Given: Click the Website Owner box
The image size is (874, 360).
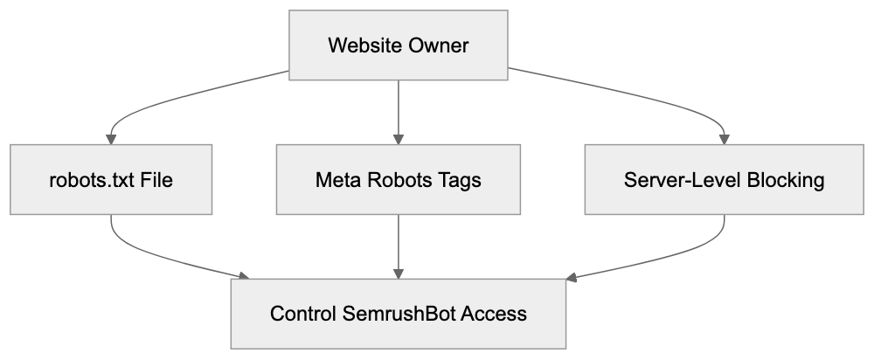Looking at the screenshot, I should pos(399,46).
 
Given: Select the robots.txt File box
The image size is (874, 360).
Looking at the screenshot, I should pos(111,180).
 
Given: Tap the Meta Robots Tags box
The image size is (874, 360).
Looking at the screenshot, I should pos(399,180).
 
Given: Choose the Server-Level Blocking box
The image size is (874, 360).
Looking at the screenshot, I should pos(724,180).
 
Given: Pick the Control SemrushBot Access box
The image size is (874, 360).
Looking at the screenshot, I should pos(399,313).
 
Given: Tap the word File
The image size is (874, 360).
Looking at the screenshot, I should pos(156,180).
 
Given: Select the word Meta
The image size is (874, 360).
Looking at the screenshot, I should pos(336,180).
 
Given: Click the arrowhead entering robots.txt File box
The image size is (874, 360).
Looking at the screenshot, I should pos(111,139).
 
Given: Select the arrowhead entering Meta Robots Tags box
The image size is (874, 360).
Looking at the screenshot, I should pos(399,139).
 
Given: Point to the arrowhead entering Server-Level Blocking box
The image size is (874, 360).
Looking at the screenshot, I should pos(724,139).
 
